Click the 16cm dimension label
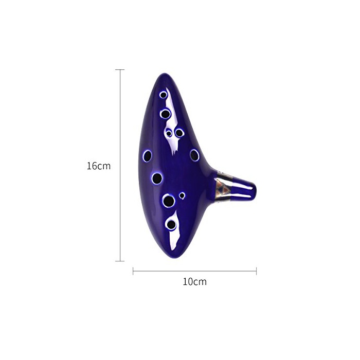[99, 166]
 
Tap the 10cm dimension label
[194, 282]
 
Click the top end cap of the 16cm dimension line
[120, 69]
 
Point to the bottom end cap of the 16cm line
[120, 261]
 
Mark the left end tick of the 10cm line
[133, 271]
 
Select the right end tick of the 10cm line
[256, 271]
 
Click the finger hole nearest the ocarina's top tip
[163, 95]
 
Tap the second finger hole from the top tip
[165, 114]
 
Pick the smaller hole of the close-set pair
[169, 133]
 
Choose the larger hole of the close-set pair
[179, 133]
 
